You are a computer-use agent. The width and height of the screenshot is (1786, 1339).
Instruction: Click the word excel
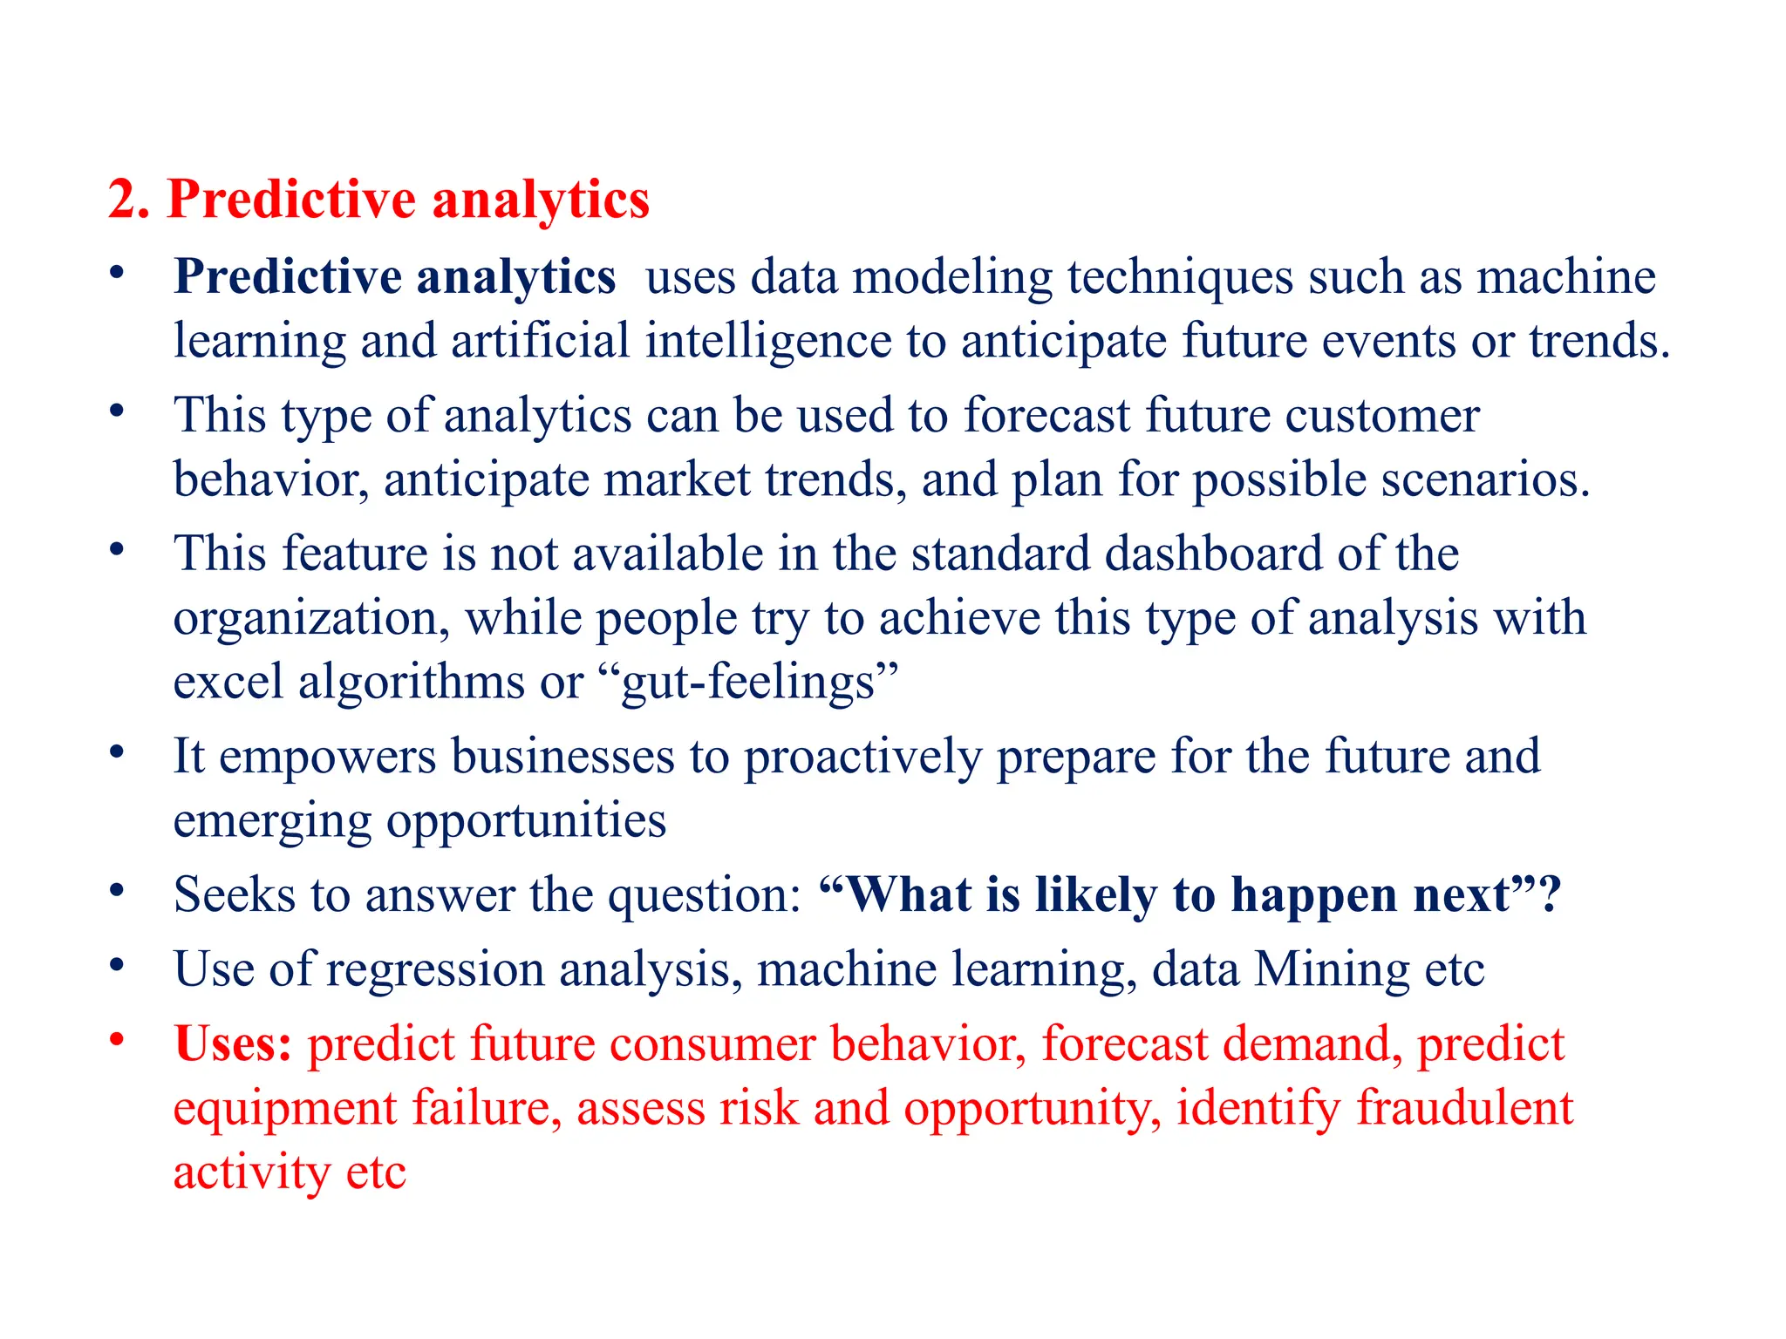pos(228,683)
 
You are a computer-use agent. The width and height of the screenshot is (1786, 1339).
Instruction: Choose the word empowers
pos(327,757)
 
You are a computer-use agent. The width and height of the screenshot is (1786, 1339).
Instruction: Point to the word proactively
pos(862,757)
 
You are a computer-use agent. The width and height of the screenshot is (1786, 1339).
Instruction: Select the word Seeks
pos(235,895)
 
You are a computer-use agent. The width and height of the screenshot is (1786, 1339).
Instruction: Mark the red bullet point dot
pos(117,1039)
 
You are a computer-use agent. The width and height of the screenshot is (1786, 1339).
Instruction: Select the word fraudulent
pos(1464,1108)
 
